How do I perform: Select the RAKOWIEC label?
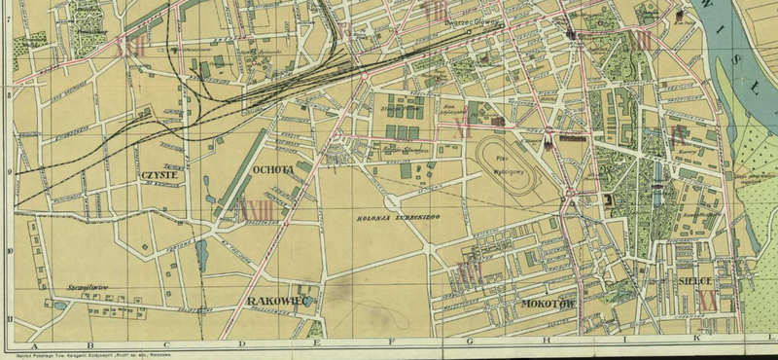(278, 301)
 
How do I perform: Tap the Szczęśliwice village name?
(86, 287)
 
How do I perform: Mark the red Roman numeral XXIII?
(257, 208)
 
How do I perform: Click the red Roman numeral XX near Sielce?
(707, 300)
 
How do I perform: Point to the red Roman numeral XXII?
(127, 46)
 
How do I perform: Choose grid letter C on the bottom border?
(166, 344)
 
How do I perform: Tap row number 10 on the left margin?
(9, 250)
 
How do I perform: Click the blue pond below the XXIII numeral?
(201, 254)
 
